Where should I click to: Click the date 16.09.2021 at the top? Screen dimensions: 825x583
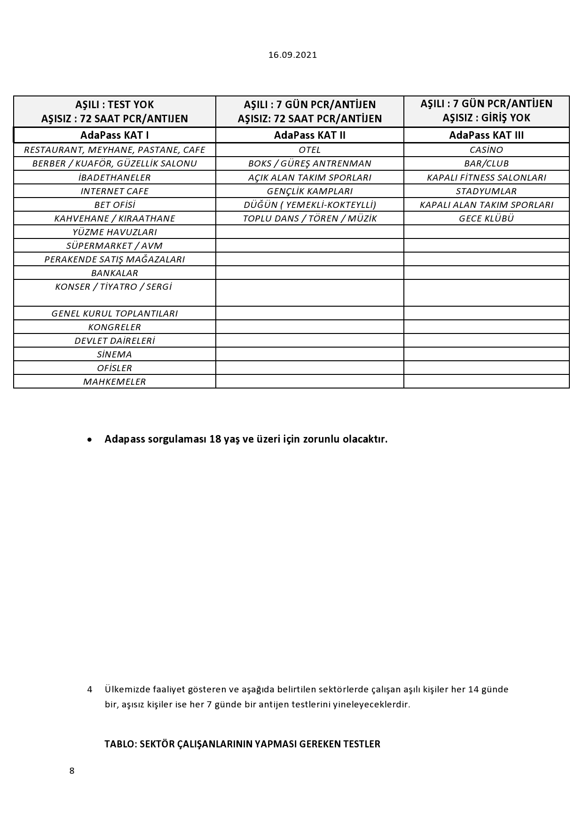coord(292,55)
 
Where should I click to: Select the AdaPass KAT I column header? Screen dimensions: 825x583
coord(115,135)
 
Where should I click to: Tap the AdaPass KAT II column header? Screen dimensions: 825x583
coord(309,135)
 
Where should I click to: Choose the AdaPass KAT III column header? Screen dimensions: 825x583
coord(486,135)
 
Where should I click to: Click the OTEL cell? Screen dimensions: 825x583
coord(309,150)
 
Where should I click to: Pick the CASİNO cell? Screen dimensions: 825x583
coord(486,150)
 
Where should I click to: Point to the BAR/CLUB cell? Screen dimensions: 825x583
coord(486,164)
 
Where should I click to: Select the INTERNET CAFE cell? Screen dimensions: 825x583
coord(115,191)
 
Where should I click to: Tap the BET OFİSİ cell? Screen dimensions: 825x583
coord(115,205)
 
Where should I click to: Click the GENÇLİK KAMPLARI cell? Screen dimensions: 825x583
coord(309,191)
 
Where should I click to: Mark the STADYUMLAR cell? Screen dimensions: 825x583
coord(486,191)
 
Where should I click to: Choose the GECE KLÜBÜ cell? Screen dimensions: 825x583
coord(486,219)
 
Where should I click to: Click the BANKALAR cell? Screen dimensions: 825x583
coord(115,273)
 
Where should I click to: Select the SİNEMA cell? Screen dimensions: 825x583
coord(115,355)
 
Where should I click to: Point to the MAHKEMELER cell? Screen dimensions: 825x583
coord(115,382)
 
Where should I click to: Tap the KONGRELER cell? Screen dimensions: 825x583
coord(115,327)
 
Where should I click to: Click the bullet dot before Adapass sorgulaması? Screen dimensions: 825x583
coord(90,440)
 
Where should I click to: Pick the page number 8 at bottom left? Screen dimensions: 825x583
coord(72,771)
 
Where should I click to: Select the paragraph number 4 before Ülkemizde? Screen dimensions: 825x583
coord(90,690)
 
